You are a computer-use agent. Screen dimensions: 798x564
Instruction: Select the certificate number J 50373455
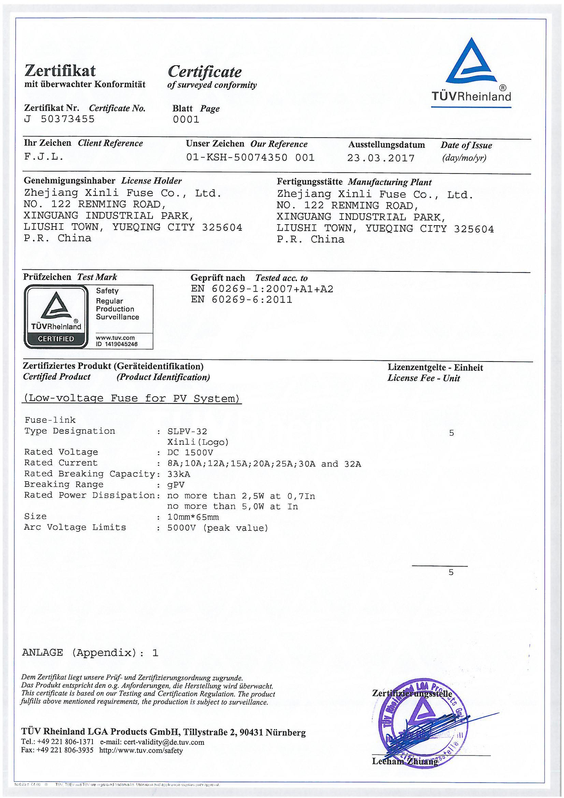(59, 119)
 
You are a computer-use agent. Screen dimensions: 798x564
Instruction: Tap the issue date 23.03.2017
(381, 158)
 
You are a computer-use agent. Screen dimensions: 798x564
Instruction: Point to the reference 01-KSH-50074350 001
(250, 158)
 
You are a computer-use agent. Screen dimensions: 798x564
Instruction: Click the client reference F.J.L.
(44, 157)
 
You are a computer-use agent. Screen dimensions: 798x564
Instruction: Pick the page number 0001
(186, 119)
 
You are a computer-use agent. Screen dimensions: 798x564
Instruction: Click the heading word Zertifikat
(60, 71)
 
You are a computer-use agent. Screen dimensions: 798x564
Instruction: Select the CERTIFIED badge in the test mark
(56, 339)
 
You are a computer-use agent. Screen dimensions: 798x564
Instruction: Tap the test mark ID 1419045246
(117, 344)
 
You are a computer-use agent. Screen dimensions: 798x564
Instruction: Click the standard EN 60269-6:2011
(242, 300)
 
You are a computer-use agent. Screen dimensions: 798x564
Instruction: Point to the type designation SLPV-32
(187, 432)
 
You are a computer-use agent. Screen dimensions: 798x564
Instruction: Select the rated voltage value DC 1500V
(190, 453)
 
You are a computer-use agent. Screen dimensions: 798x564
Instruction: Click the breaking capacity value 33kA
(179, 474)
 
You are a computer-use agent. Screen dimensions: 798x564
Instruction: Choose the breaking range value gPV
(176, 485)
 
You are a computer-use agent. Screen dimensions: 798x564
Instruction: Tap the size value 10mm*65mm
(193, 517)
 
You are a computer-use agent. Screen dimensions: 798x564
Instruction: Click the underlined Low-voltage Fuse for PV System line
(132, 398)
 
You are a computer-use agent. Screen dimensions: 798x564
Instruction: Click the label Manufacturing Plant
(390, 182)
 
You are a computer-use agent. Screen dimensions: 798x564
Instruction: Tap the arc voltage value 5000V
(182, 528)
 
